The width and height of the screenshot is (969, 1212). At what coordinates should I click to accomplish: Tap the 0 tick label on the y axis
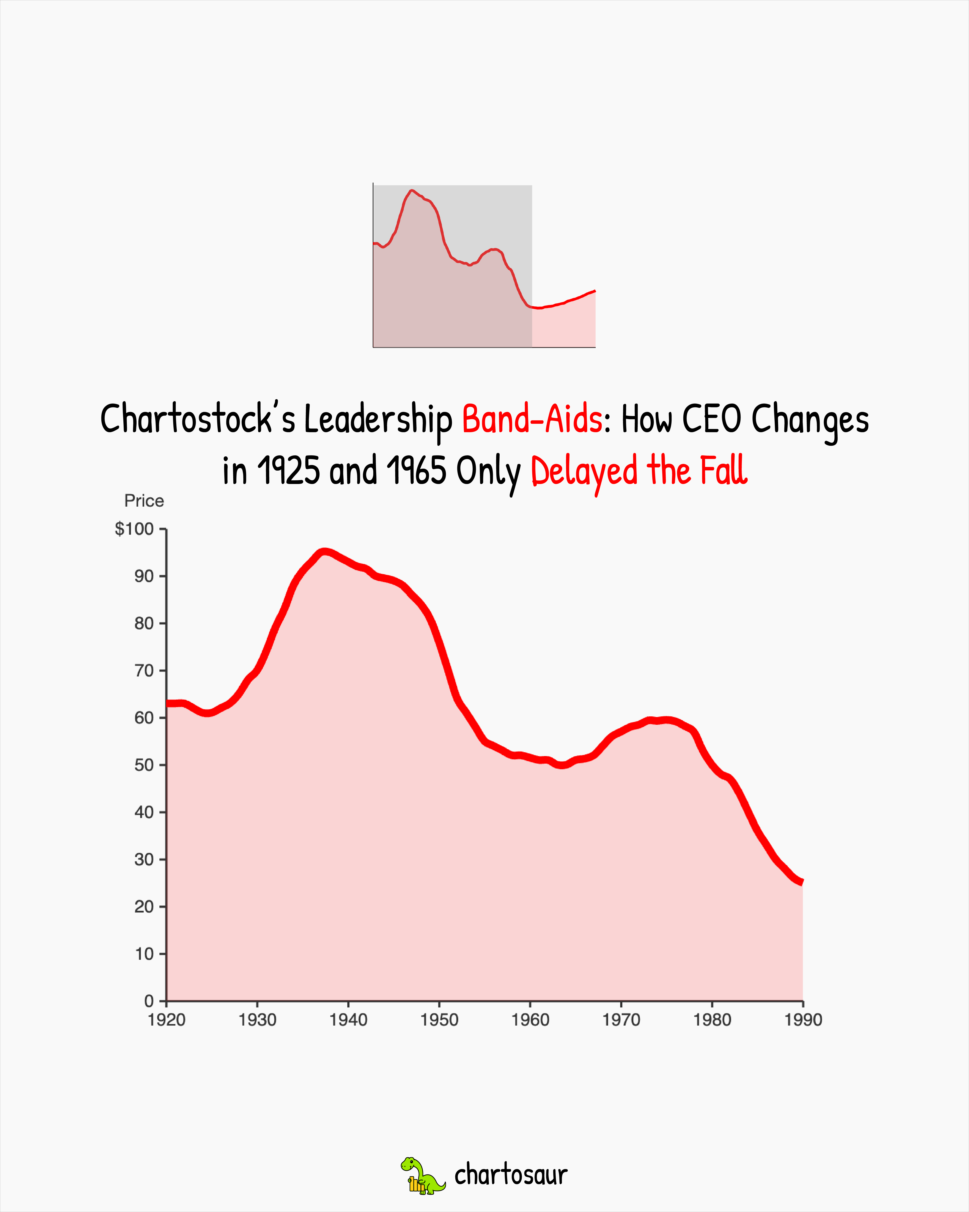[149, 1001]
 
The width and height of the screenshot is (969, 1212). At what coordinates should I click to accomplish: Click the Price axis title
[144, 501]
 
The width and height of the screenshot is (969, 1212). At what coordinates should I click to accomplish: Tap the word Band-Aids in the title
[532, 419]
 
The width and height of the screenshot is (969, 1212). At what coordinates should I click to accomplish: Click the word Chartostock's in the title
[198, 419]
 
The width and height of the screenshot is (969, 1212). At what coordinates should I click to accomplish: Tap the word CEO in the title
[712, 419]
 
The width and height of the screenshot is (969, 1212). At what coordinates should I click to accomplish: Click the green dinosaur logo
[422, 1175]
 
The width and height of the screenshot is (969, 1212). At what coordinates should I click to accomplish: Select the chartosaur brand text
[511, 1175]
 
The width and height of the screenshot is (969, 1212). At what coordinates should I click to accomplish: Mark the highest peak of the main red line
[324, 552]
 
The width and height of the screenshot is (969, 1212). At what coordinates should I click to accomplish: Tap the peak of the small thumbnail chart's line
[412, 191]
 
